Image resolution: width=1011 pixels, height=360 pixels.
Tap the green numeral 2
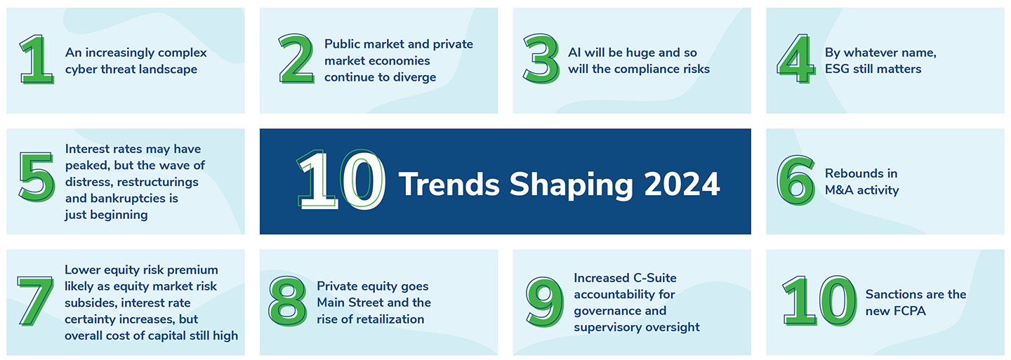[296, 59]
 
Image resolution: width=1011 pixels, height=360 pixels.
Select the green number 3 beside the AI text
[541, 59]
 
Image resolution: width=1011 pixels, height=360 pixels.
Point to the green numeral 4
[796, 59]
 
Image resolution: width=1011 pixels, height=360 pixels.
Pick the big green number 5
[37, 177]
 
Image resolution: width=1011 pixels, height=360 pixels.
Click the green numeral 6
[796, 180]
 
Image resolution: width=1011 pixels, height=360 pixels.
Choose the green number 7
[35, 301]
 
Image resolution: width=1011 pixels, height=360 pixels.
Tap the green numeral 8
[288, 301]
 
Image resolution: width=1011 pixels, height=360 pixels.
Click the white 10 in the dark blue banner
[341, 180]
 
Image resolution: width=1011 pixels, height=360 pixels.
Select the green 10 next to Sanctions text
[819, 301]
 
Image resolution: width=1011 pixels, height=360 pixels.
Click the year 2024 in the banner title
[682, 184]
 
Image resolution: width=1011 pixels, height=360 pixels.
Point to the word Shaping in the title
[571, 185]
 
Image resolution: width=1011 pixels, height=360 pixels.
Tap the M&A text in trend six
[839, 190]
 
